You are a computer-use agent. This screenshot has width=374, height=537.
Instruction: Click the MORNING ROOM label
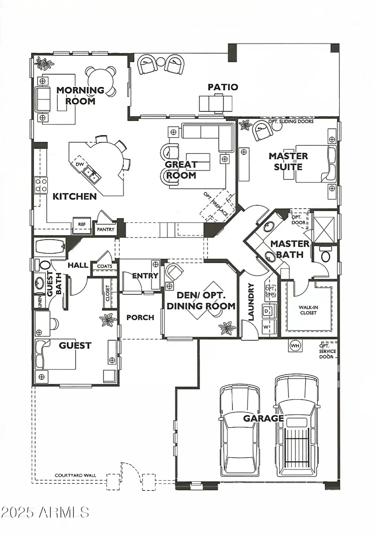point(81,96)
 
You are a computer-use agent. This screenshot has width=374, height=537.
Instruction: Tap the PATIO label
point(223,87)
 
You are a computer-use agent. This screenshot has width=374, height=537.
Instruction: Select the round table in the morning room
point(101,81)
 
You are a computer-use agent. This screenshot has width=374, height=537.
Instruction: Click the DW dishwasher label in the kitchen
point(79,164)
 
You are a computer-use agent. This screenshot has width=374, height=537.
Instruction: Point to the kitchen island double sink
point(92,175)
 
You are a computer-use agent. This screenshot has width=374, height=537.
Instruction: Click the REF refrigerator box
point(82,224)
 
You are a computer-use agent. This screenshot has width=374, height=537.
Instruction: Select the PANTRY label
point(106,229)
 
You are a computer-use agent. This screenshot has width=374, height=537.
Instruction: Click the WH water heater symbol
point(295,346)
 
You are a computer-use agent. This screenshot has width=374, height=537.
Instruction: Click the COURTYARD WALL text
point(75,475)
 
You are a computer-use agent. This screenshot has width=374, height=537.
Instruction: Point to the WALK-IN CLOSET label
point(308,310)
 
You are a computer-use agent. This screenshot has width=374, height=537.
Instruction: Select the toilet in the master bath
point(326,256)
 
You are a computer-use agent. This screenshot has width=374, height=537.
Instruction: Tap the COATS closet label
point(105,266)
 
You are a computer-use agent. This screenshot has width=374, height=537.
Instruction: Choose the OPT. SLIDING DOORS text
point(291,122)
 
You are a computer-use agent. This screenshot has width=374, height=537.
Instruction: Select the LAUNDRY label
point(251,302)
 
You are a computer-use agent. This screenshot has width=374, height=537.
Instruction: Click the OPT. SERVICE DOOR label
point(327,351)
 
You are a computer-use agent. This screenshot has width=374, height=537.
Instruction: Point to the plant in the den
point(227,327)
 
